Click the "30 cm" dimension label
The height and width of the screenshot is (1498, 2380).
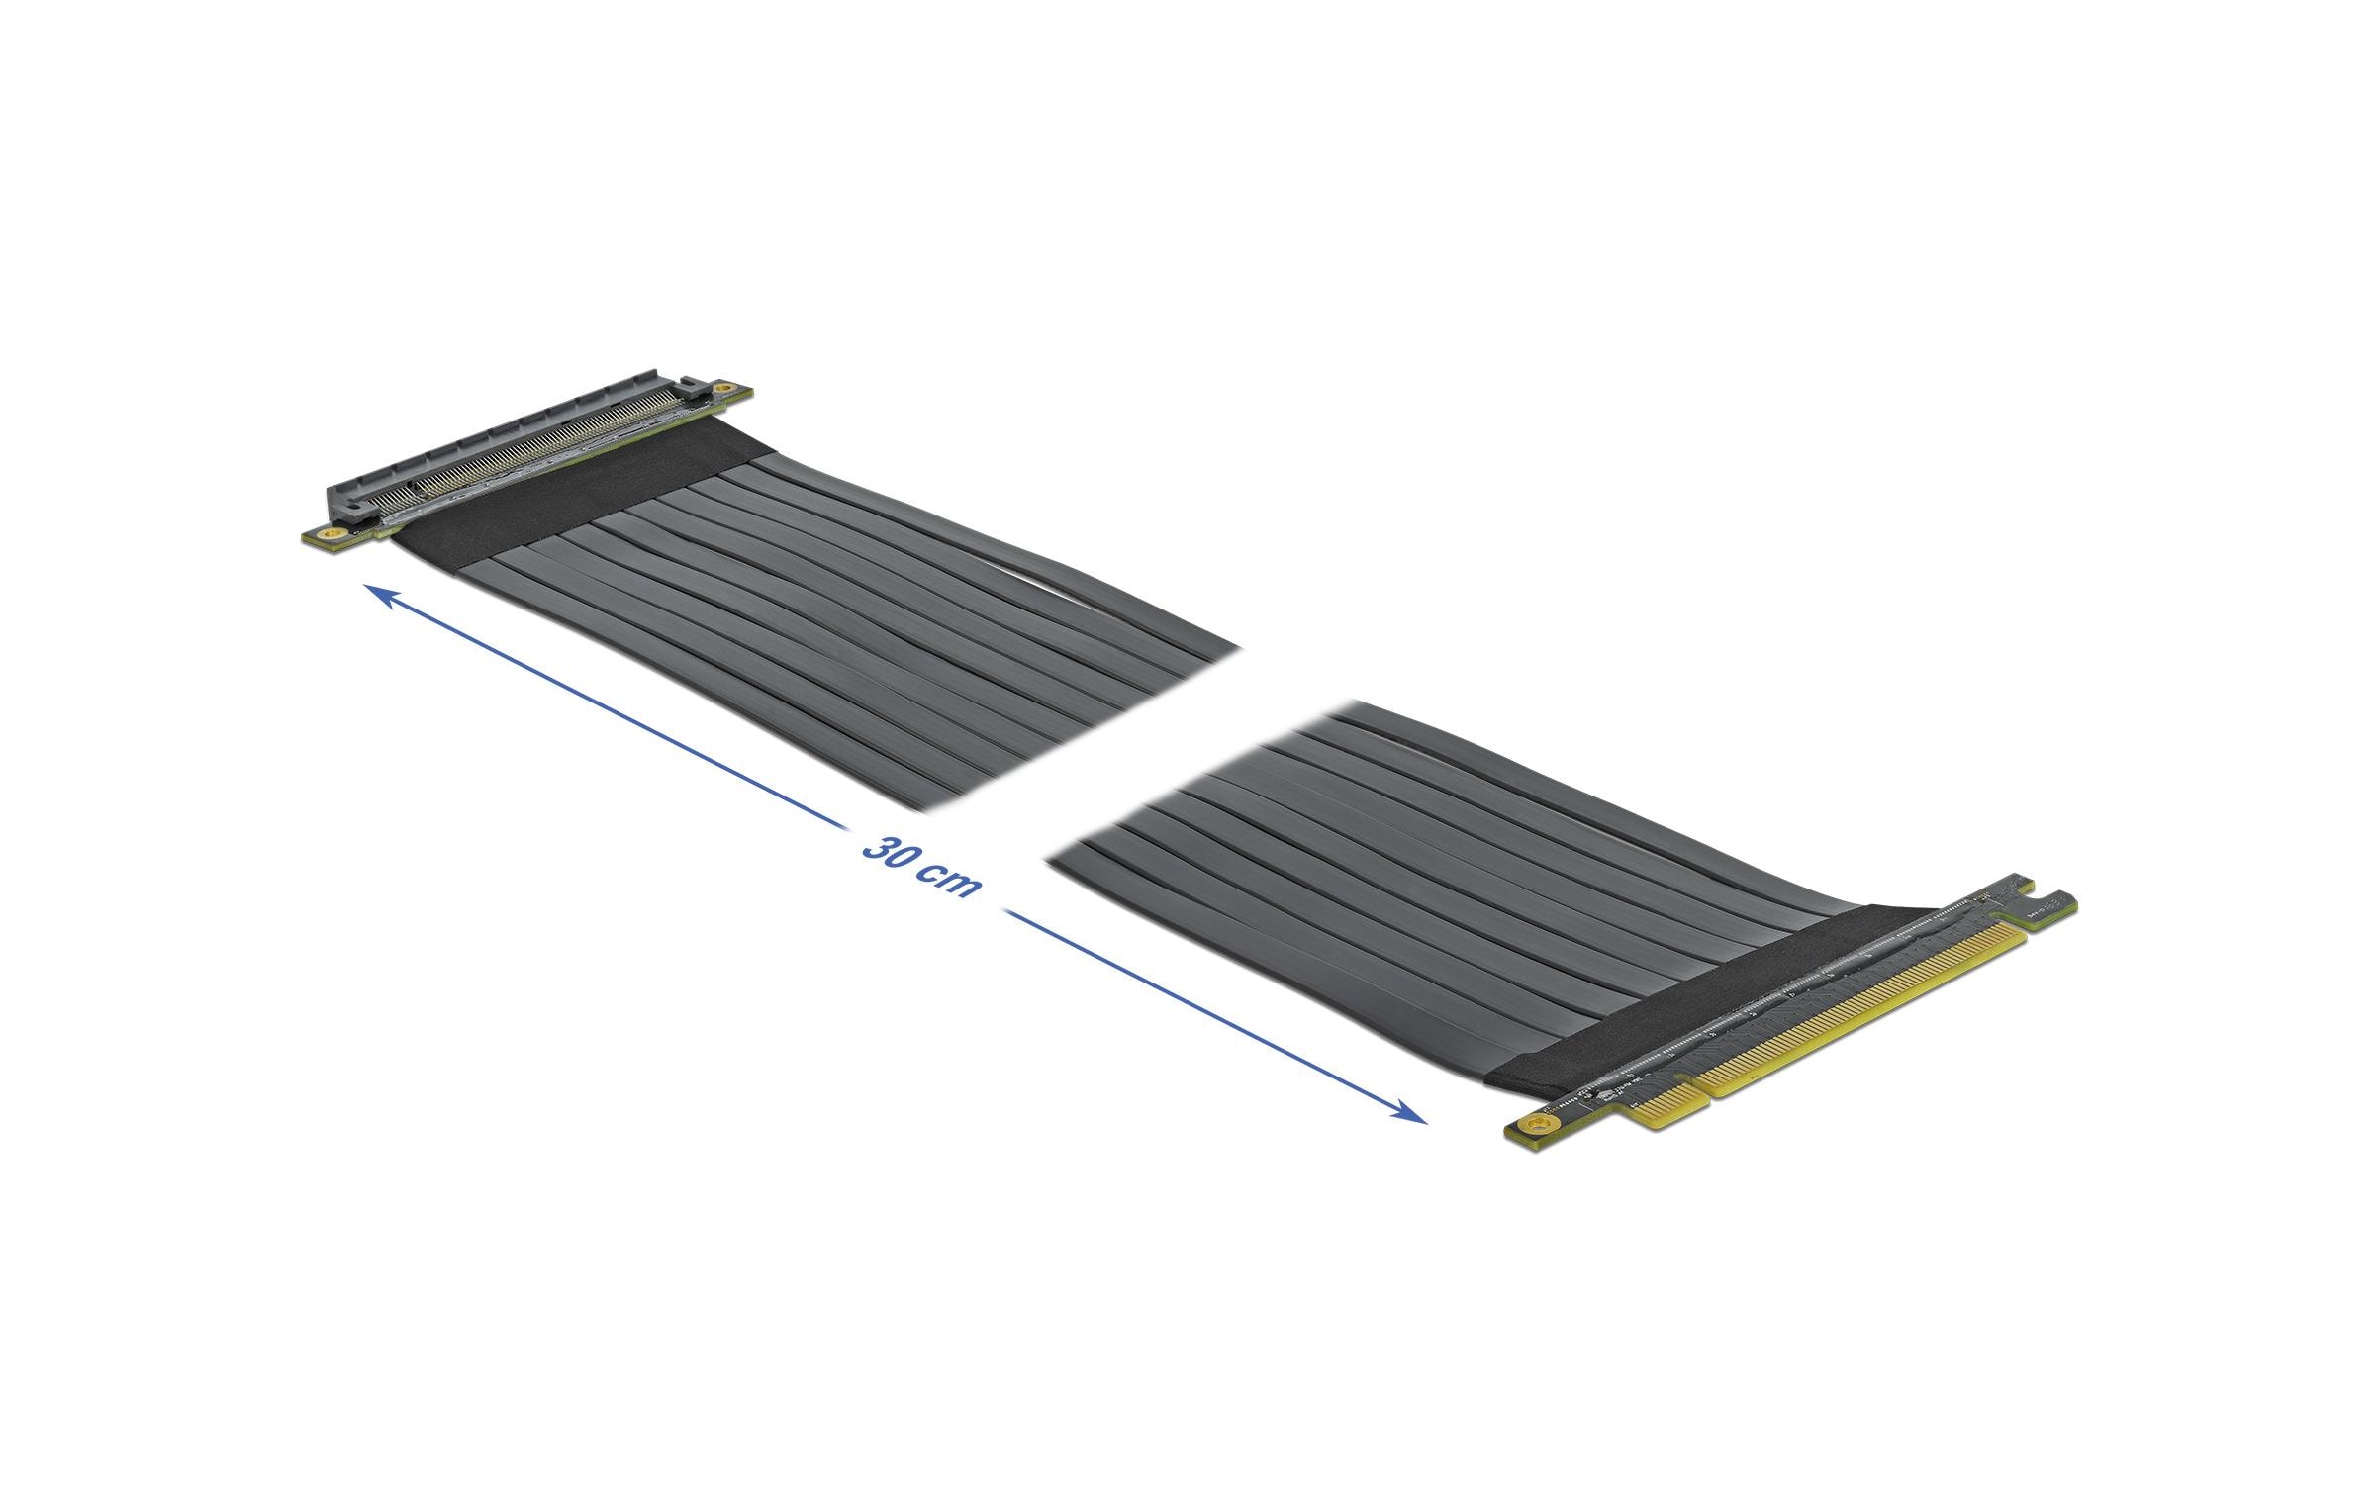pyautogui.click(x=920, y=866)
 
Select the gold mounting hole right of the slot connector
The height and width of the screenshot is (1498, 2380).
pyautogui.click(x=725, y=388)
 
